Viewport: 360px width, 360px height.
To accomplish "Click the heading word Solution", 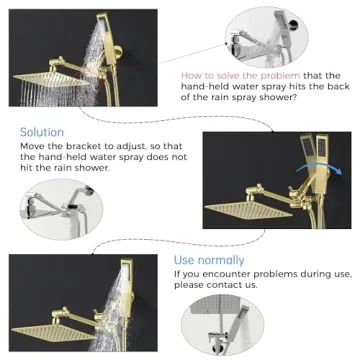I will click(x=42, y=132).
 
